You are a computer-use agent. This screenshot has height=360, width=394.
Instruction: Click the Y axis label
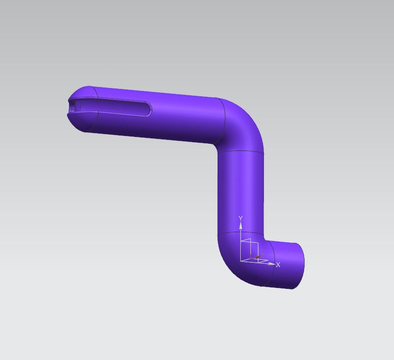tap(241, 218)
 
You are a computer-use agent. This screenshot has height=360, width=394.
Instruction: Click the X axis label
tap(278, 265)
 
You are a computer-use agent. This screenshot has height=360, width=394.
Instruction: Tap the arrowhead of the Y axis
tap(241, 225)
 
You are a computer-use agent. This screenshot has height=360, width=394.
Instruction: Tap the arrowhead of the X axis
tap(271, 264)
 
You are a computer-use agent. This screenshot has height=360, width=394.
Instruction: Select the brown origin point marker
tap(257, 257)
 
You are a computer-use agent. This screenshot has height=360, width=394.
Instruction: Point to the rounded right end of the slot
tap(149, 110)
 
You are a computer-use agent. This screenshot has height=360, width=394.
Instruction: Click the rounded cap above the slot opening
tap(83, 92)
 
